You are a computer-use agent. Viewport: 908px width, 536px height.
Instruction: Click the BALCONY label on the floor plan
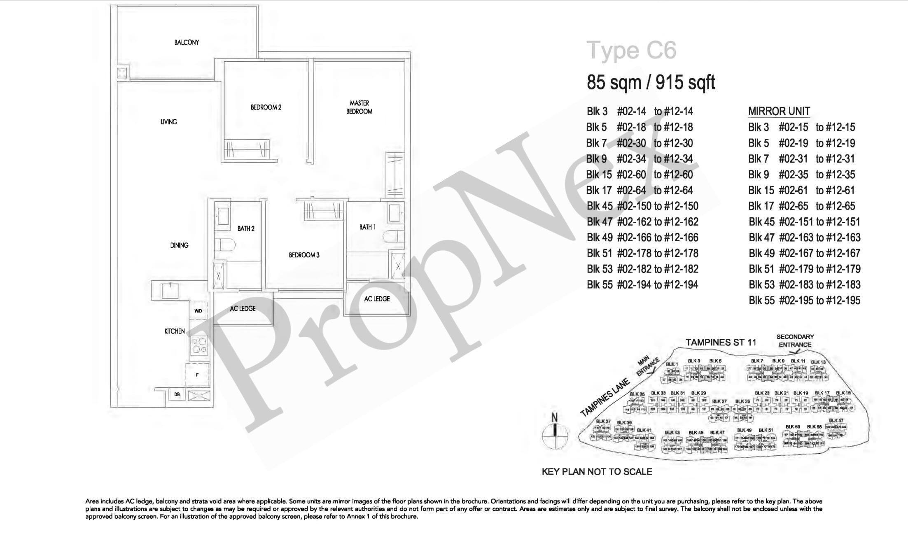[186, 42]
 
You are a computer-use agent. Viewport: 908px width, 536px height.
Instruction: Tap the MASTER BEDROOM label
[359, 107]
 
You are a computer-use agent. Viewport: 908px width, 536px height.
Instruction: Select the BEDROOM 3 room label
[304, 255]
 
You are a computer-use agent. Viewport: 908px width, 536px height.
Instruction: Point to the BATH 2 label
[246, 228]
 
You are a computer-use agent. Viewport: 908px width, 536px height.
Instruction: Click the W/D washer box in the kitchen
[198, 311]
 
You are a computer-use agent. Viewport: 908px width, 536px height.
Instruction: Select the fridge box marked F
[198, 375]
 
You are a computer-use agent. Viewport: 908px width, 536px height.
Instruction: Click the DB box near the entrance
[177, 394]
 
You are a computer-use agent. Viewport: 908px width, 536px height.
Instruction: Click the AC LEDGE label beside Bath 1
[377, 299]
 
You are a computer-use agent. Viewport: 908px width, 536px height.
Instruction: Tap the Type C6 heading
[631, 51]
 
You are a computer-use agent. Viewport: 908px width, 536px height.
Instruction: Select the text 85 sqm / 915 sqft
[651, 83]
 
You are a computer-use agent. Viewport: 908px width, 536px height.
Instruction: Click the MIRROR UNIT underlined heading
[779, 111]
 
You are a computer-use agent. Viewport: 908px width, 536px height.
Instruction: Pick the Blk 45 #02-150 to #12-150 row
[642, 206]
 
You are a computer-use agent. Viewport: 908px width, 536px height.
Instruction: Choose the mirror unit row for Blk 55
[804, 301]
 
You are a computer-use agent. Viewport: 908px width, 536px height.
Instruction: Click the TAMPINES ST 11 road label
[721, 342]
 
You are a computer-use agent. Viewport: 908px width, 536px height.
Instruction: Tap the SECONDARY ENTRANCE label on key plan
[795, 341]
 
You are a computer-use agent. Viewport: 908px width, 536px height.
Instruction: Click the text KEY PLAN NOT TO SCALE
[597, 472]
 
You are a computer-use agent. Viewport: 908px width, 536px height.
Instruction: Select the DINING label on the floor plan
[179, 245]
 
